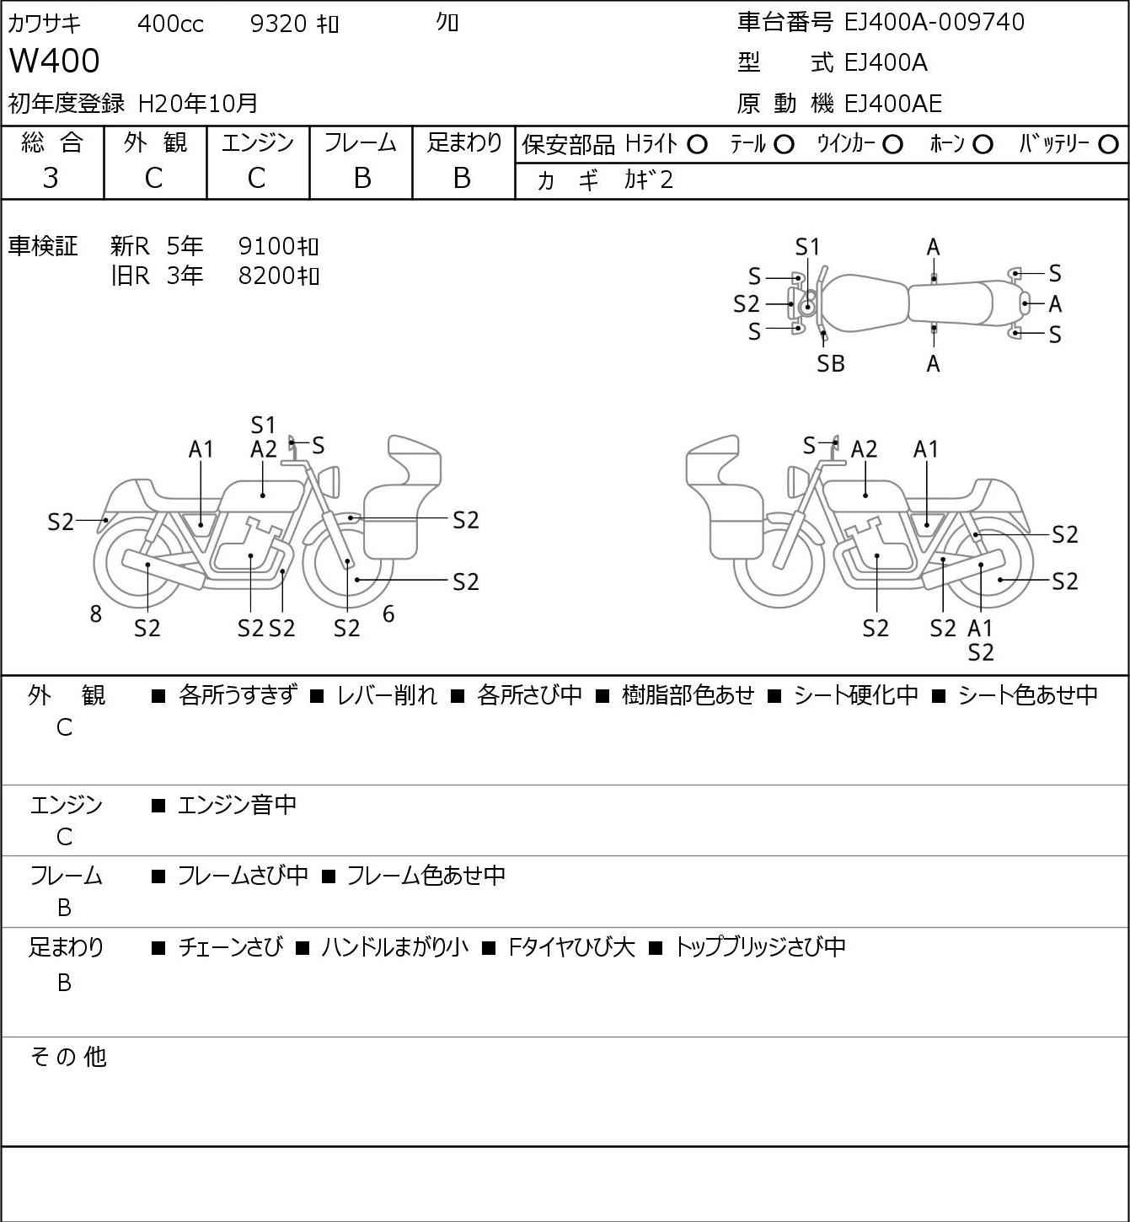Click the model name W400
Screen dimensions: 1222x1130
coord(55,62)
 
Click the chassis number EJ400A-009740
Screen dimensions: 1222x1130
coord(935,22)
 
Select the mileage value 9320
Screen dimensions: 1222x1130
coord(278,24)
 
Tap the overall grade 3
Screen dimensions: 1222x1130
coord(51,178)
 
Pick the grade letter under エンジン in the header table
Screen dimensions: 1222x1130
coord(257,178)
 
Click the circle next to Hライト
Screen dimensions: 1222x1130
coord(697,145)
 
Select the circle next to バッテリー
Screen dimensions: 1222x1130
coord(1109,145)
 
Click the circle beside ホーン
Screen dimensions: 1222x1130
coord(983,145)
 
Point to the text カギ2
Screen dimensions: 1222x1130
coord(649,180)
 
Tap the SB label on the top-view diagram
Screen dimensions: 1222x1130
coord(831,364)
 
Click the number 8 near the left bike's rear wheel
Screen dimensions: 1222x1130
coord(96,614)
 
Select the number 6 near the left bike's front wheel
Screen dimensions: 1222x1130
coord(388,614)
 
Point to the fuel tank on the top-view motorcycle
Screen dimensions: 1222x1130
coord(864,303)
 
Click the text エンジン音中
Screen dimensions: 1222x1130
coord(238,806)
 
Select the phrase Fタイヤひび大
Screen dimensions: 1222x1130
coord(571,947)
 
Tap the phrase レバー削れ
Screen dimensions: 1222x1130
coord(387,695)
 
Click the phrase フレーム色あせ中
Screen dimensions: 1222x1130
coord(426,876)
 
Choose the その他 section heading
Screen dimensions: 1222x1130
coord(68,1057)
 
